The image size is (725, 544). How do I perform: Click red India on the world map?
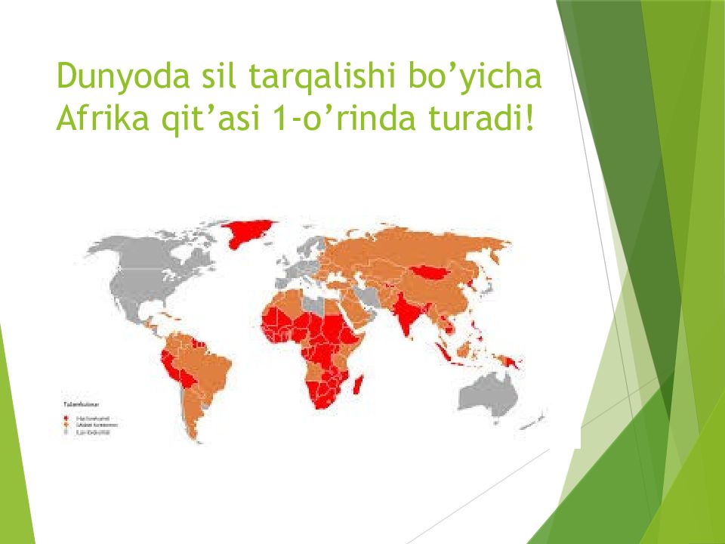coord(409,314)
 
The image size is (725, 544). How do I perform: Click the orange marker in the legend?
coord(66,425)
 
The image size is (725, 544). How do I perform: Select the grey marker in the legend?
coord(66,433)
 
